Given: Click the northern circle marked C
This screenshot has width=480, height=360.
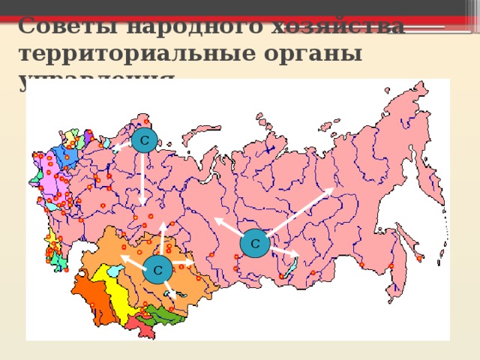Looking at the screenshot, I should coord(143,139).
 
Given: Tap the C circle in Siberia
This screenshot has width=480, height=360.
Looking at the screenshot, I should coord(255,244).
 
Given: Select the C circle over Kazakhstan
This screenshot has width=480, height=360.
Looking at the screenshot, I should coord(157,269).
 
